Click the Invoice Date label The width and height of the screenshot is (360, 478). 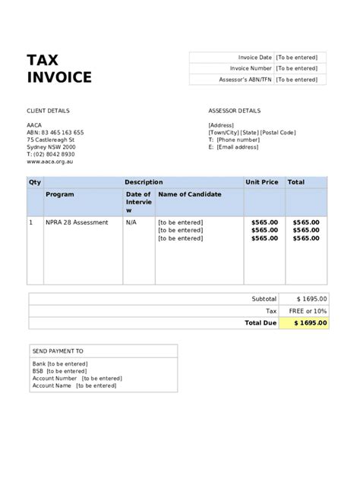pyautogui.click(x=255, y=57)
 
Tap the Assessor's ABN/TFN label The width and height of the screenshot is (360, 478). pyautogui.click(x=245, y=80)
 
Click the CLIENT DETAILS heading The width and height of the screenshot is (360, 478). pyautogui.click(x=47, y=110)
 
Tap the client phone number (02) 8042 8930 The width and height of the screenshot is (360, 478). pyautogui.click(x=57, y=154)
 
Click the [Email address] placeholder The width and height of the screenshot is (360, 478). pyautogui.click(x=238, y=147)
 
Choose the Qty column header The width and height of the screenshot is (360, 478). pyautogui.click(x=34, y=182)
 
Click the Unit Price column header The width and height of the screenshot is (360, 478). pyautogui.click(x=261, y=182)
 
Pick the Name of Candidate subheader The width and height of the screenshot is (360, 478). pyautogui.click(x=190, y=194)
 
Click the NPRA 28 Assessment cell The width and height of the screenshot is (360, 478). pyautogui.click(x=77, y=222)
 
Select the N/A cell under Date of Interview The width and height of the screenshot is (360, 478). pyautogui.click(x=131, y=222)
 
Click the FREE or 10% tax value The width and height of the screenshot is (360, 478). pyautogui.click(x=308, y=311)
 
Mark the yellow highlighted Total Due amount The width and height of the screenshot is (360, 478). pyautogui.click(x=305, y=322)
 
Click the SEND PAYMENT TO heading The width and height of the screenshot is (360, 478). pyautogui.click(x=58, y=351)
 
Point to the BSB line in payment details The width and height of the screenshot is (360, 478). pyautogui.click(x=53, y=371)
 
